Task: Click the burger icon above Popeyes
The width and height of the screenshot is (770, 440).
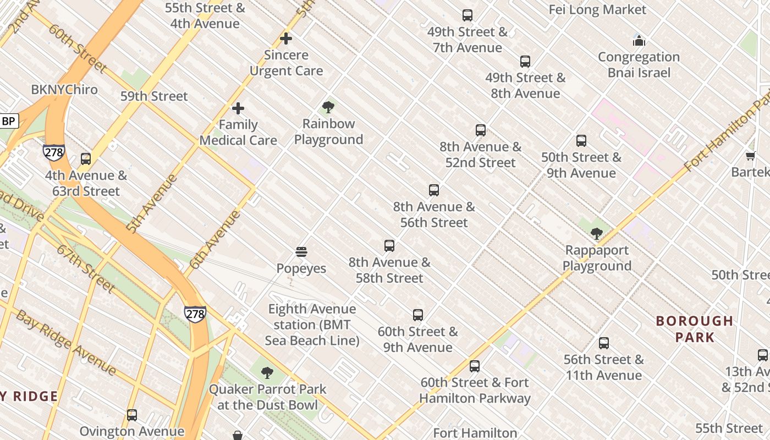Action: click(301, 252)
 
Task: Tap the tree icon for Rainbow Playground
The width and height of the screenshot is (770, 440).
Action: click(328, 107)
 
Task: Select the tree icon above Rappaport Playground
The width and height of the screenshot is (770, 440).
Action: click(596, 234)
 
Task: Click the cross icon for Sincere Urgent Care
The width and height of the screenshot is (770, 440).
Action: click(286, 38)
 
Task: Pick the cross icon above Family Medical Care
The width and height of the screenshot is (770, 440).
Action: click(238, 108)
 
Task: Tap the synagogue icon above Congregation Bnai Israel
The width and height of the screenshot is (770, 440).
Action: click(639, 41)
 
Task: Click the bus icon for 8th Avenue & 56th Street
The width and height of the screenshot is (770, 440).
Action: click(434, 190)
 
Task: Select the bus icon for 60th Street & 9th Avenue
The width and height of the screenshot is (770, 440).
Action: click(418, 315)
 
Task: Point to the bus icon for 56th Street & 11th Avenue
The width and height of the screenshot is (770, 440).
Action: click(604, 343)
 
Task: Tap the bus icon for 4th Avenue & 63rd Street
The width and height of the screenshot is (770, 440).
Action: click(86, 159)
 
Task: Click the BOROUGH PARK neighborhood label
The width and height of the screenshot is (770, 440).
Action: click(695, 329)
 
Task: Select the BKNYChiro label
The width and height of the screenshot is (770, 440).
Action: click(64, 90)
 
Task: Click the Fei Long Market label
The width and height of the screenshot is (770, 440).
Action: click(597, 10)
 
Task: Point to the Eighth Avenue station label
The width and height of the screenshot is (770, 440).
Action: click(312, 324)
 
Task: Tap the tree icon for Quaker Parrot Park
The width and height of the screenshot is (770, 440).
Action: click(267, 373)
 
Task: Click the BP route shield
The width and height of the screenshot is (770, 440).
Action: click(9, 121)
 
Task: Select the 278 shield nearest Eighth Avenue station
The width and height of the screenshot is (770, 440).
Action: click(195, 313)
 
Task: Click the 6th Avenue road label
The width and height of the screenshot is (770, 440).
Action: click(215, 239)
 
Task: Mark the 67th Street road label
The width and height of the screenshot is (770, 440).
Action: click(85, 268)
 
